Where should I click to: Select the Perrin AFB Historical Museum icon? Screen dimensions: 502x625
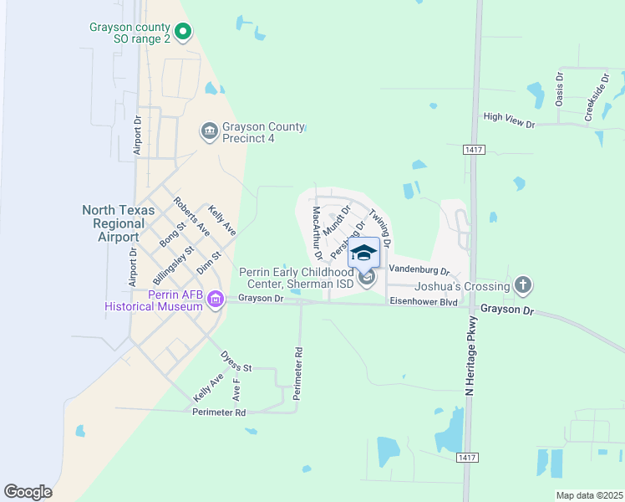click(216, 299)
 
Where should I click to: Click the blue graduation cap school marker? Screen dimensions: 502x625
click(363, 253)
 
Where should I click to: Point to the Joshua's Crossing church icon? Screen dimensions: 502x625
click(523, 285)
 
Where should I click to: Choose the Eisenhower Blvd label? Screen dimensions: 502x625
click(424, 301)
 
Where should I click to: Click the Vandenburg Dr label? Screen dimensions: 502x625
click(419, 269)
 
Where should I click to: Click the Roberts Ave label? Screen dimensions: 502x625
click(190, 215)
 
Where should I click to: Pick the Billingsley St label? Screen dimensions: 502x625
click(174, 266)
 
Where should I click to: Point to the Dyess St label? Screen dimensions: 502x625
click(236, 361)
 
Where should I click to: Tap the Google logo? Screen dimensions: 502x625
click(28, 491)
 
